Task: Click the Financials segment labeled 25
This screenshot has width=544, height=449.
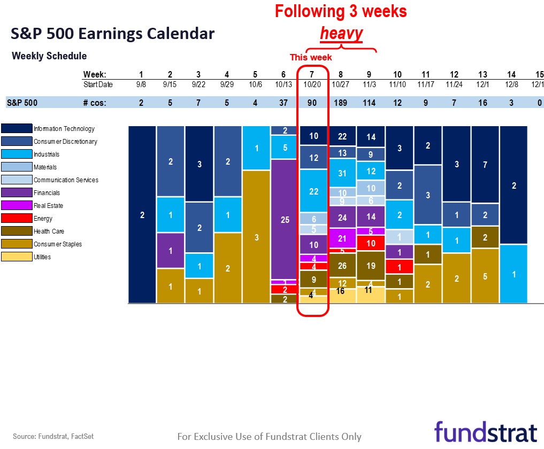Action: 285,219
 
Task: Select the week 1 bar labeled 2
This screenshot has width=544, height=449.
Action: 142,215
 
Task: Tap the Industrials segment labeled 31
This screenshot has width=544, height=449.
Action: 342,173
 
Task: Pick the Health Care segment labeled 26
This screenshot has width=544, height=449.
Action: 342,266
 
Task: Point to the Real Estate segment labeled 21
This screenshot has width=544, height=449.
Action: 342,238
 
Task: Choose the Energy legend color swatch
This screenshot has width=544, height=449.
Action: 16,218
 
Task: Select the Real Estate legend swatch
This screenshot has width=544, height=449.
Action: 16,205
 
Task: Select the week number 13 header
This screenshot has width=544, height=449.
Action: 482,74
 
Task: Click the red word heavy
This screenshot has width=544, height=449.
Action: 341,34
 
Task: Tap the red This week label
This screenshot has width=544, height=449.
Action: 311,57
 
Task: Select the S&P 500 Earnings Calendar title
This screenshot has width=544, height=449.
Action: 113,34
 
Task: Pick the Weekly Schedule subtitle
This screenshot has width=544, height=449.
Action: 49,56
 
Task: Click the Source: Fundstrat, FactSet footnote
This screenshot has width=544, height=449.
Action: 49,437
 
